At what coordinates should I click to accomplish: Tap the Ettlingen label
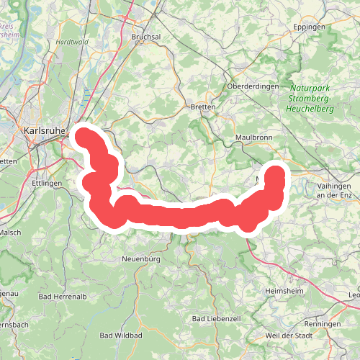pos(48,184)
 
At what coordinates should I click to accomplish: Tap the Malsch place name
pos(10,233)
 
